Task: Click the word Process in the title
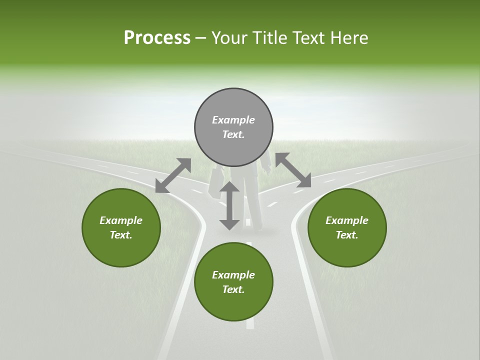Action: coord(157,38)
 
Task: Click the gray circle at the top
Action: coord(233,127)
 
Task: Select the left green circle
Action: coord(121,227)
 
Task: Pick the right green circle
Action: coord(347,227)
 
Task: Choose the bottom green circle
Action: coord(233,282)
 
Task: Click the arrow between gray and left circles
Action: coord(173,175)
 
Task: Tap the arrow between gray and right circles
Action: coord(293,170)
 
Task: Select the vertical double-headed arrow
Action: coord(229,205)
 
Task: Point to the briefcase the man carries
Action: coord(216,182)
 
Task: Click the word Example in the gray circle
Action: coord(233,120)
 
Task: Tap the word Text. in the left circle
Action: coord(121,235)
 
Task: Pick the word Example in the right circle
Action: coord(347,220)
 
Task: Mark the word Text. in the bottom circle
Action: coord(233,289)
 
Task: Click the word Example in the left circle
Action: coord(121,220)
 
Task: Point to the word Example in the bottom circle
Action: coord(233,275)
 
